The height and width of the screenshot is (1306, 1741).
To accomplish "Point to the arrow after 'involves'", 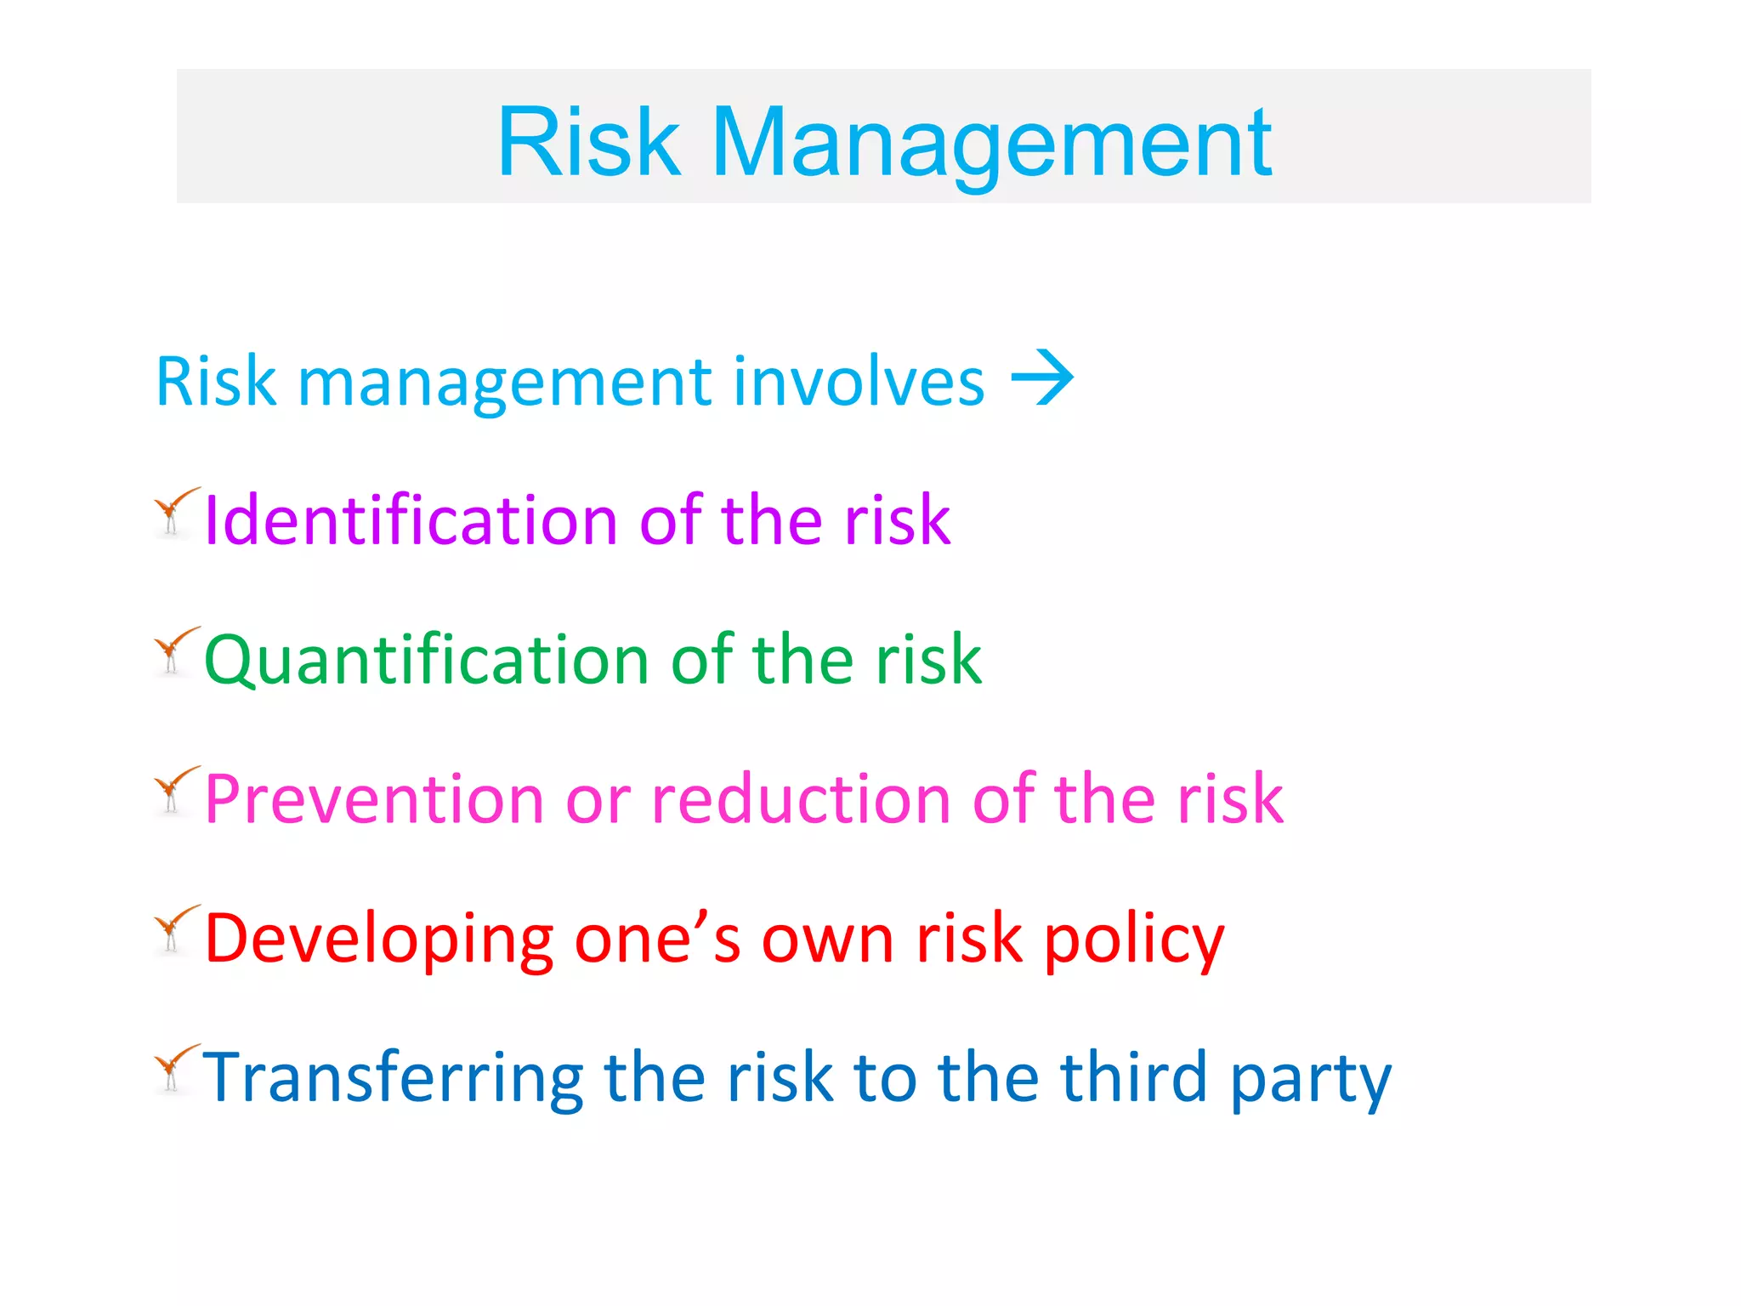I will [x=1042, y=378].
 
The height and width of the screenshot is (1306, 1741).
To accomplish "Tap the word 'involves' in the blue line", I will [x=859, y=382].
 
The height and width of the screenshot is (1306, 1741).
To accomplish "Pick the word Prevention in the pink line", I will [x=374, y=799].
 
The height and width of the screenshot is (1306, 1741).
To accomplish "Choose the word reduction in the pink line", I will [x=801, y=799].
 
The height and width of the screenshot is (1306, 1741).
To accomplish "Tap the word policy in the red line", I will [x=1134, y=940].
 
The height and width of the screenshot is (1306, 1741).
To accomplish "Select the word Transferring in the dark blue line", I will [x=393, y=1078].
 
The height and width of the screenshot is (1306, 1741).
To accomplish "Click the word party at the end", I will [x=1310, y=1080].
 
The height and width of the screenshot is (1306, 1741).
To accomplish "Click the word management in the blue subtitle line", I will [x=505, y=382].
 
